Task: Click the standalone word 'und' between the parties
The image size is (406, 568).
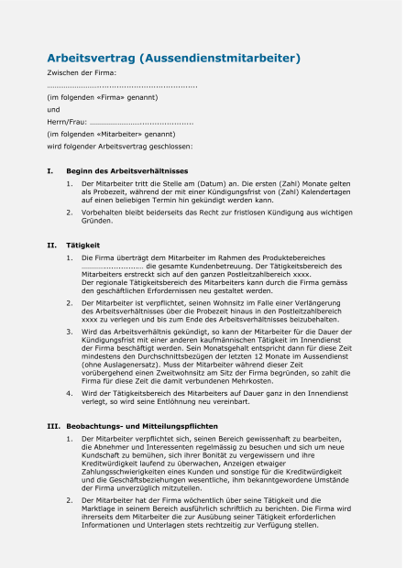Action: pos(53,109)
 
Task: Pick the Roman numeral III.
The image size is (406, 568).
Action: pos(53,426)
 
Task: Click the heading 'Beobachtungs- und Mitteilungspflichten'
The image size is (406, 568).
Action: pos(142,426)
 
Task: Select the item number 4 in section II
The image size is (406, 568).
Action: pos(70,392)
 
